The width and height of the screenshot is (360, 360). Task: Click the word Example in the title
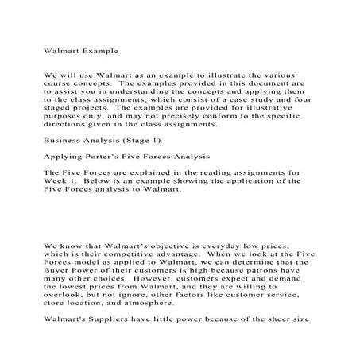[98, 50]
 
